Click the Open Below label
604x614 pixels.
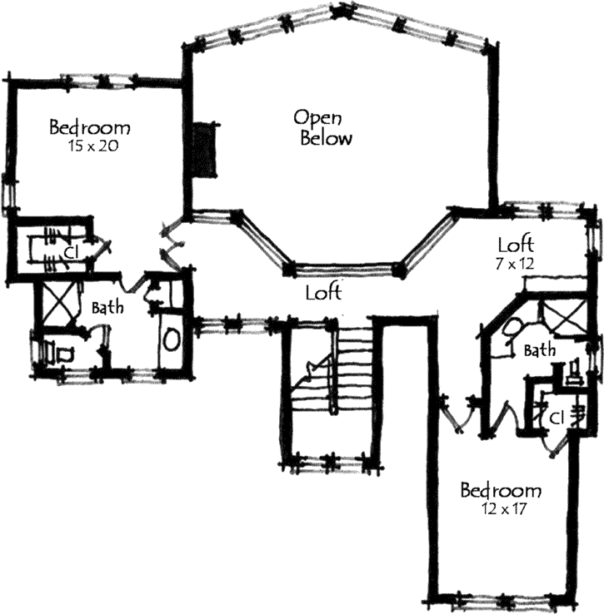326,127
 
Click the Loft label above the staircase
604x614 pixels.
322,293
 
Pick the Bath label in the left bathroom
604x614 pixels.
108,308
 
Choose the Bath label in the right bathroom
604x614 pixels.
540,351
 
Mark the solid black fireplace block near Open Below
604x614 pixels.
204,150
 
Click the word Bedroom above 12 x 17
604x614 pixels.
501,489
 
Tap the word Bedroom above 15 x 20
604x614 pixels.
89,128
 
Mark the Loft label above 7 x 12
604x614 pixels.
515,245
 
